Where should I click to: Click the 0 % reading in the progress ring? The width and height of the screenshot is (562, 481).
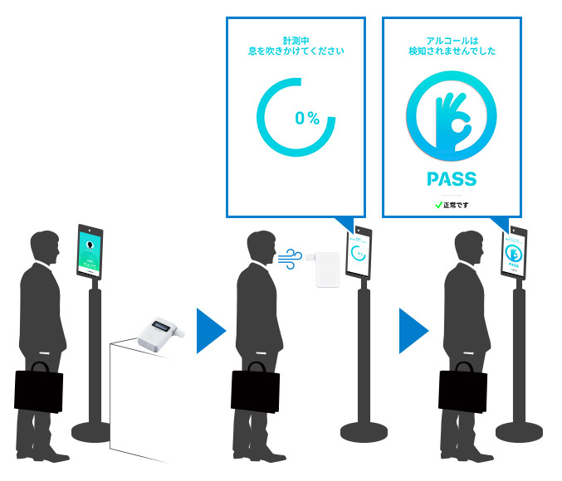306,118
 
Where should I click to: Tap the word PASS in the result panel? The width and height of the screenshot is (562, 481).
451,179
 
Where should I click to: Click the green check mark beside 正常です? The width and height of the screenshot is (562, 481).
437,204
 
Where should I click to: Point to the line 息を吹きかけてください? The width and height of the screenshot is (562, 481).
296,51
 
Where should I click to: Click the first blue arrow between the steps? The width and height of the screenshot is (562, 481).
211,331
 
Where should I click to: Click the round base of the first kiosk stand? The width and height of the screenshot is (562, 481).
91,431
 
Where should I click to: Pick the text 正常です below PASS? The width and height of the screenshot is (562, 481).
456,204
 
